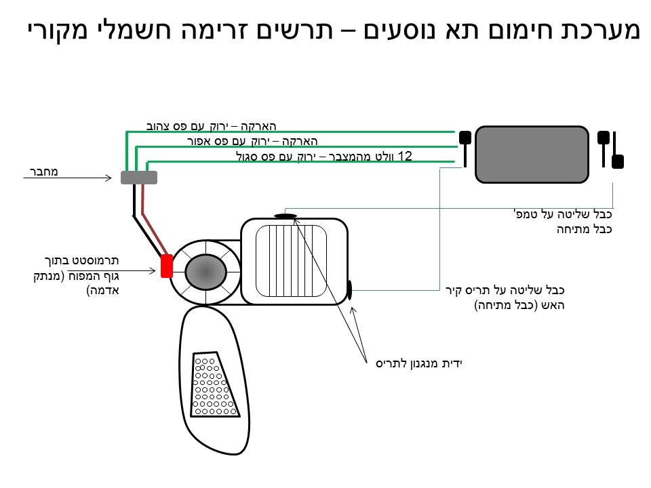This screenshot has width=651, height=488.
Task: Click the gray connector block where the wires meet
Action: pyautogui.click(x=138, y=178)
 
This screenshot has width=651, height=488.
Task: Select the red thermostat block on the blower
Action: pyautogui.click(x=166, y=266)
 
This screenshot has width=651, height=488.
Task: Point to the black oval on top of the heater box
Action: pyautogui.click(x=285, y=216)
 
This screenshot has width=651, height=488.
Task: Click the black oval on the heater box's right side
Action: pyautogui.click(x=349, y=290)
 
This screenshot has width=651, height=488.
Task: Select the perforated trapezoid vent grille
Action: pyautogui.click(x=215, y=384)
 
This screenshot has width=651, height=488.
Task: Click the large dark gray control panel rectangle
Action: pyautogui.click(x=532, y=155)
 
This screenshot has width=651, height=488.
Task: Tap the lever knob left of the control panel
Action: pyautogui.click(x=465, y=138)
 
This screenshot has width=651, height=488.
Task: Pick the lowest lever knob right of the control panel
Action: pyautogui.click(x=617, y=161)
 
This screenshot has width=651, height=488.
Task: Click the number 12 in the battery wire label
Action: pyautogui.click(x=406, y=157)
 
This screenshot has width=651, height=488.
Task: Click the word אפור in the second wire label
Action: pyautogui.click(x=200, y=141)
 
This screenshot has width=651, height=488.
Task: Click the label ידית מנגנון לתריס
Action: pyautogui.click(x=418, y=363)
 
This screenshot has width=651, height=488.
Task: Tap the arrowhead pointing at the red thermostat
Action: pyautogui.click(x=157, y=272)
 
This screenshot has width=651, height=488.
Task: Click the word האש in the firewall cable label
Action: pyautogui.click(x=552, y=305)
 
